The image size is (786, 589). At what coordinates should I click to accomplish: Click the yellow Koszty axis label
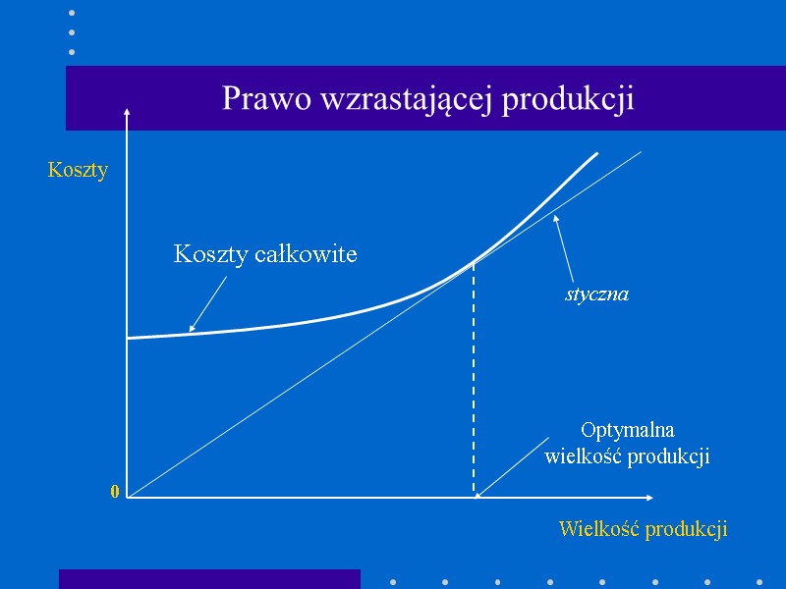tap(78, 170)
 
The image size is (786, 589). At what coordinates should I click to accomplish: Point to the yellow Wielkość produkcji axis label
tap(643, 529)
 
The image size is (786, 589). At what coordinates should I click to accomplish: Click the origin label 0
tap(115, 492)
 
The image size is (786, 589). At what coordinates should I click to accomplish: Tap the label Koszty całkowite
tap(265, 254)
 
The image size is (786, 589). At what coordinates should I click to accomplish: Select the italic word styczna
tap(596, 294)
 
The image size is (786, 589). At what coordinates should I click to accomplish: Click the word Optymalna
tap(628, 430)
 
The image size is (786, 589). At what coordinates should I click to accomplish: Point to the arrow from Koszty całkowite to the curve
tap(207, 304)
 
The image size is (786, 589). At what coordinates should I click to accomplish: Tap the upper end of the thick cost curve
tap(596, 154)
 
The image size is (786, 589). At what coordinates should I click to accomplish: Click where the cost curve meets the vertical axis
tap(128, 338)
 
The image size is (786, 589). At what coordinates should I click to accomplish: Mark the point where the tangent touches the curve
tap(475, 261)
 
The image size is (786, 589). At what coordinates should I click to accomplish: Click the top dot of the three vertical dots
tap(72, 14)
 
